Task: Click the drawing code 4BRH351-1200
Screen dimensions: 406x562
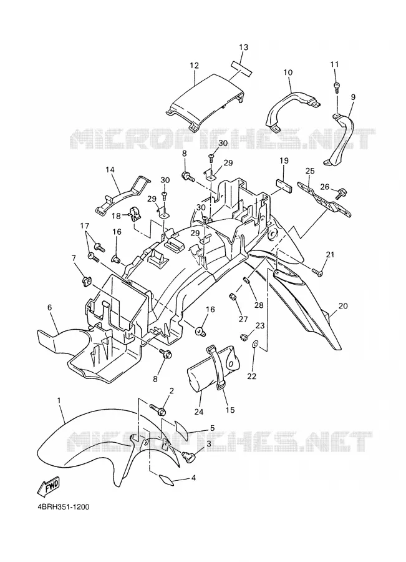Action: tap(63, 507)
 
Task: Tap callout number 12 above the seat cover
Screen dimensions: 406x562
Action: tap(195, 66)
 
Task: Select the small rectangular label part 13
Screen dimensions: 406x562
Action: tap(241, 67)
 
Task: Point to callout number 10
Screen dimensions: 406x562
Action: tap(288, 72)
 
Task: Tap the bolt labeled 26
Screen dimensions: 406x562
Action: tap(337, 194)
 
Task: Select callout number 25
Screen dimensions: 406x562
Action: tap(310, 171)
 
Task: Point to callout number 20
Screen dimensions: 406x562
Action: tap(343, 306)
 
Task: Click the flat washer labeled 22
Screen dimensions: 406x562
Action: tap(255, 345)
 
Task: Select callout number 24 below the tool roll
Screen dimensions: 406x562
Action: tap(199, 412)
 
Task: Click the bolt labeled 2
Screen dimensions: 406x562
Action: tap(157, 408)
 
